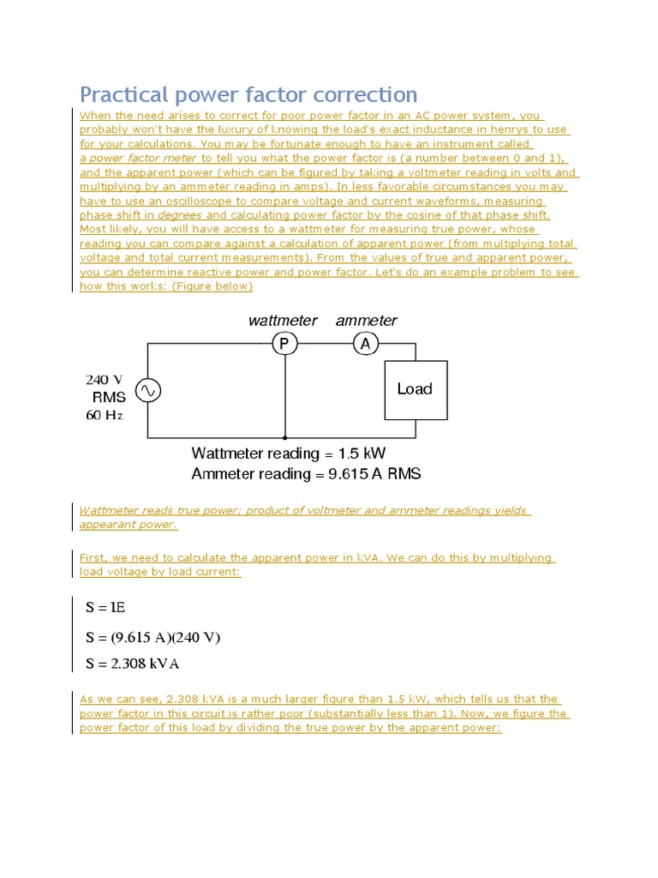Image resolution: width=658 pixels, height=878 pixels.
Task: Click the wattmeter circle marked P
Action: coord(284,344)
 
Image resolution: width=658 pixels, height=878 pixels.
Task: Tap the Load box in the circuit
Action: coord(415,389)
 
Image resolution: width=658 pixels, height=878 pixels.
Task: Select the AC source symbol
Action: coord(147,390)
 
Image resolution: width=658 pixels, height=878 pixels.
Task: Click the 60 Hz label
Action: coord(104,415)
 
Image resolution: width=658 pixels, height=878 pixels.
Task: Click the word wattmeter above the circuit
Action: coord(283,321)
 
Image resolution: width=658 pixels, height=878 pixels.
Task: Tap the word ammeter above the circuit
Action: coord(367,321)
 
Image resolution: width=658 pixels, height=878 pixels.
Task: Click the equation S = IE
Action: coord(105,607)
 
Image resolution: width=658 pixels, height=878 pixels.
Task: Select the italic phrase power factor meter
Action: coord(144,158)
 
